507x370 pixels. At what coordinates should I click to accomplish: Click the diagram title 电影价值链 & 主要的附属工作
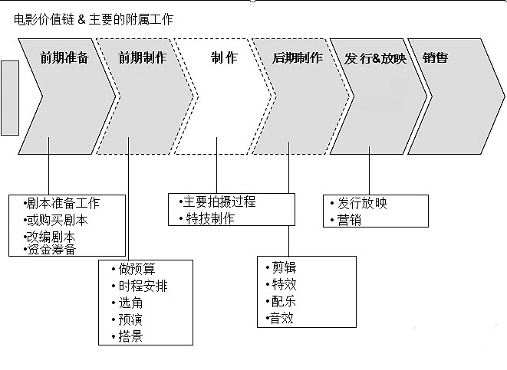94,19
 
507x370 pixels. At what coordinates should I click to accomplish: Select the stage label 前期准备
64,57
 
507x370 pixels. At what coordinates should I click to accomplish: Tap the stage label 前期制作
143,57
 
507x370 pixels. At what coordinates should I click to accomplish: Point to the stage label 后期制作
298,57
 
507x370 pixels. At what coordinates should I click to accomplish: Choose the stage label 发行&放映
375,58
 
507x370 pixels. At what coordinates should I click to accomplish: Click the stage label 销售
435,57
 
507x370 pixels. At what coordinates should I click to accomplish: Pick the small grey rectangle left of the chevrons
10,98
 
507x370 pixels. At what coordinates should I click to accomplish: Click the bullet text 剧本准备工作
63,203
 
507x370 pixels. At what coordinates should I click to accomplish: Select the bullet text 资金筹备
51,249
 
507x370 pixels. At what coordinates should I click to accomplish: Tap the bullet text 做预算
137,269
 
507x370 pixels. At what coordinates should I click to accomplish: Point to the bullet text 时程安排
143,286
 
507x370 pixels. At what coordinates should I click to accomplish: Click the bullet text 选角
130,303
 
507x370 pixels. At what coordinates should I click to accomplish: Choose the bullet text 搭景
130,336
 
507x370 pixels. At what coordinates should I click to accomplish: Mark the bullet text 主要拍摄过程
219,201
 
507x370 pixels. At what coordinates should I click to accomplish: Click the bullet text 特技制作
210,218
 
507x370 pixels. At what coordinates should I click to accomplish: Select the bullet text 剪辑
285,267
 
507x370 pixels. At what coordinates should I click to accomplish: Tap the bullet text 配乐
284,301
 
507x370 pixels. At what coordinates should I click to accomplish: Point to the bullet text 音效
281,318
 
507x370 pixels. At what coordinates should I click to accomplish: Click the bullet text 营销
349,220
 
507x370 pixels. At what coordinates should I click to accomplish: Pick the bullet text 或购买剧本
58,220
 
